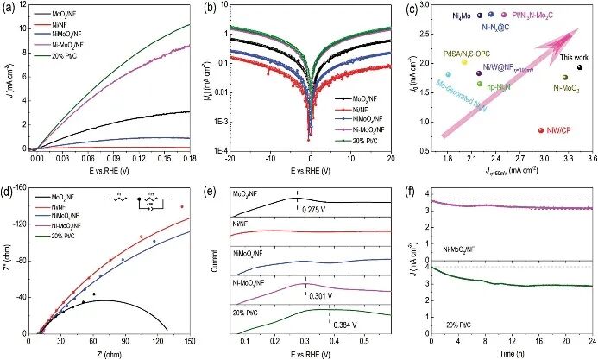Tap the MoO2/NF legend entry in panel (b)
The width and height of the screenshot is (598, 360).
(356, 99)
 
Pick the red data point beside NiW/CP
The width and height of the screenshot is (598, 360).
(539, 130)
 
